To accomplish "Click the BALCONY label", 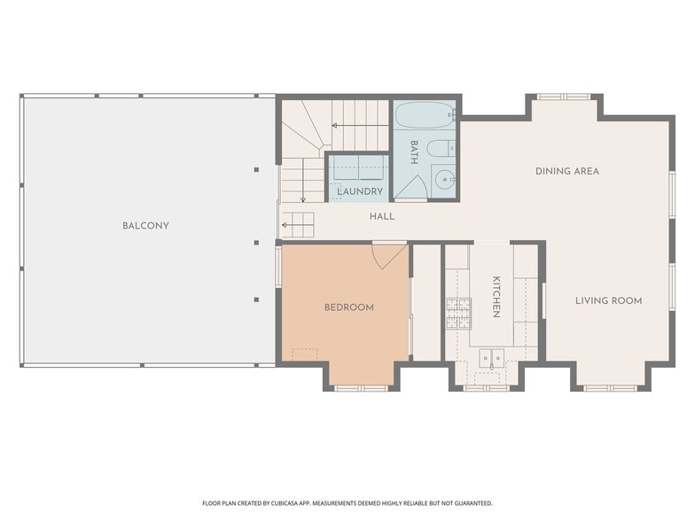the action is coord(145,225).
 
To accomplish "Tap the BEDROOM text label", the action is coord(349,307).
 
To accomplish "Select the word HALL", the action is coord(382,216).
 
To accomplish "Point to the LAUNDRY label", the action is coord(360,191).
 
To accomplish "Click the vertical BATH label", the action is coord(414,152).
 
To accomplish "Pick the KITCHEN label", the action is coord(496,297).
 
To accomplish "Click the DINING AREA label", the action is coord(567,171).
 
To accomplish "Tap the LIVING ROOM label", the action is coord(608,301).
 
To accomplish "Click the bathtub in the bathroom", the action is coord(425,115).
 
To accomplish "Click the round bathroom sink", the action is coord(442,181).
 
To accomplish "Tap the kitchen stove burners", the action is coord(458,314).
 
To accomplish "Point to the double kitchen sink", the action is coord(491,357).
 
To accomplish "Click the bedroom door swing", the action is coord(388,255).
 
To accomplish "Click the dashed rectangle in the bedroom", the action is coord(305,354).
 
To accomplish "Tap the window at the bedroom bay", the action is coord(362,388).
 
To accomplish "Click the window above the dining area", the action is coord(564,97).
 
